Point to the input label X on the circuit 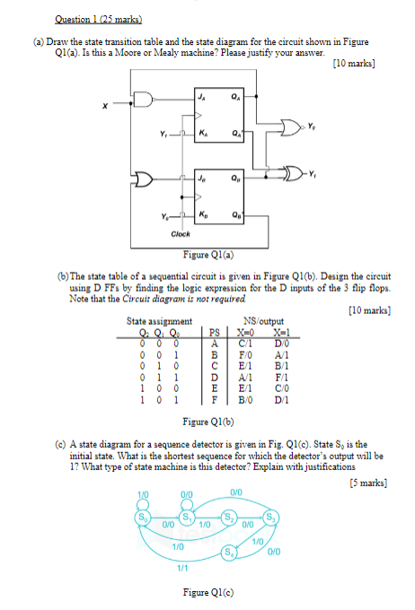pyautogui.click(x=105, y=106)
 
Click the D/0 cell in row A pyautogui.click(x=282, y=343)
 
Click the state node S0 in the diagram pyautogui.click(x=143, y=517)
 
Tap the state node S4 pyautogui.click(x=230, y=551)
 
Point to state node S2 pyautogui.click(x=230, y=517)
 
